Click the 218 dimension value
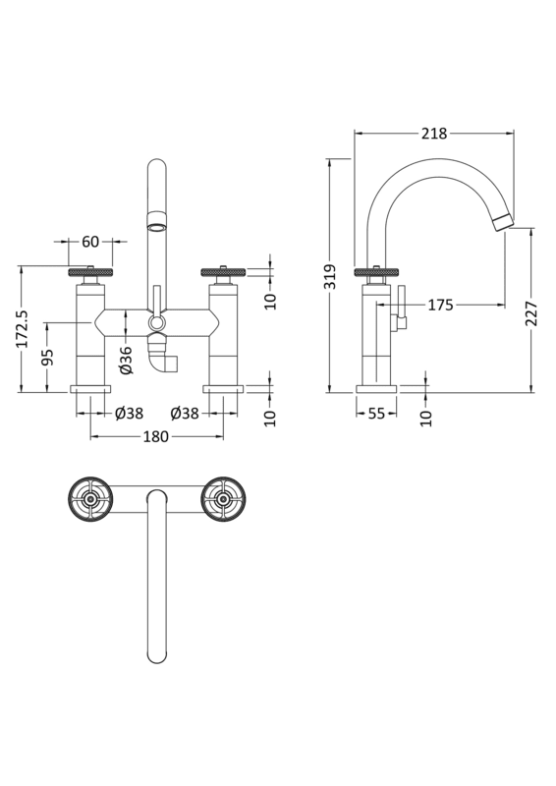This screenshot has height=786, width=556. pos(434,135)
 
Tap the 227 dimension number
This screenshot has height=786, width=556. pos(531,312)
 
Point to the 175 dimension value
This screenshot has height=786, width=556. pos(439,306)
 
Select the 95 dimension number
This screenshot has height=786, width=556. pos(47,359)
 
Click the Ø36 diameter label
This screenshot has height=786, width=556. pos(126,360)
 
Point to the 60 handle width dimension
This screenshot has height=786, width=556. pos(91,242)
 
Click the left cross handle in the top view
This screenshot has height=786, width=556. pos(90,500)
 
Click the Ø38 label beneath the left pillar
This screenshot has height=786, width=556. pos(130,414)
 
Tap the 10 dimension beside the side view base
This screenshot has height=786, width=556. pos(425,418)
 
